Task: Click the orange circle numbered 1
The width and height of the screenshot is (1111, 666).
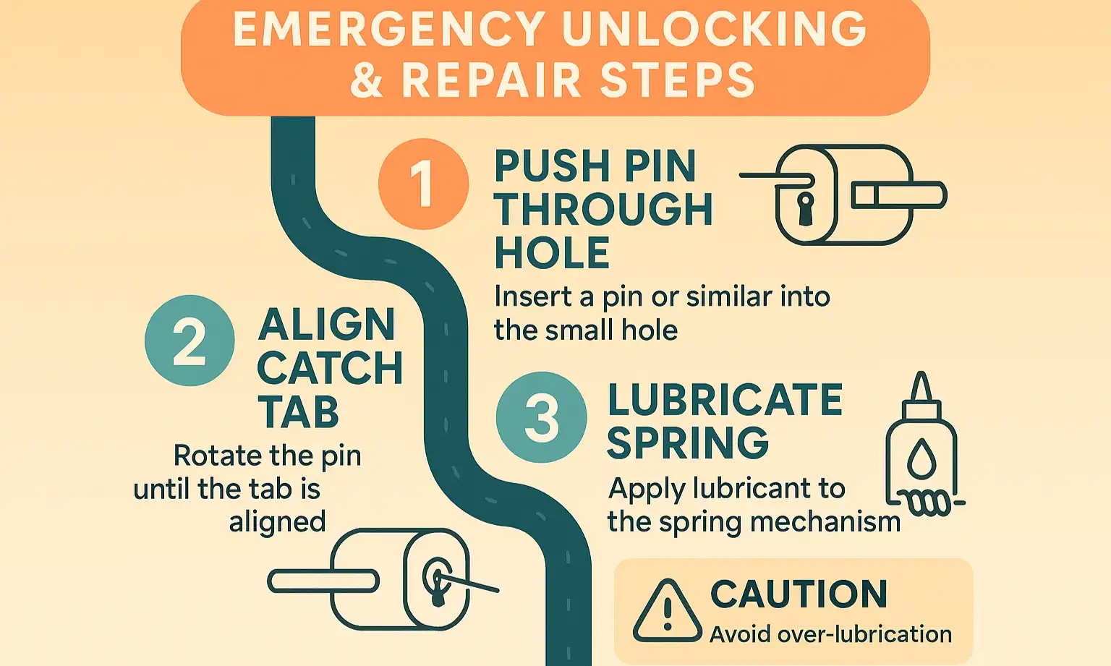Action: pyautogui.click(x=423, y=184)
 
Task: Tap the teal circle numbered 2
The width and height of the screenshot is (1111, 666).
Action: pyautogui.click(x=190, y=340)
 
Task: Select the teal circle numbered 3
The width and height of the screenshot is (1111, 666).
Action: pyautogui.click(x=541, y=417)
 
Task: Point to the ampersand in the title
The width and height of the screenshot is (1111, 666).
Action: pyautogui.click(x=367, y=80)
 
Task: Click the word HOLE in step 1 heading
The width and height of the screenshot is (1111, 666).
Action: pyautogui.click(x=552, y=253)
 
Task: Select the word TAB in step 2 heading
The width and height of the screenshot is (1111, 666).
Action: pyautogui.click(x=298, y=413)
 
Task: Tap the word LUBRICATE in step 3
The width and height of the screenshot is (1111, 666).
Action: pyautogui.click(x=725, y=400)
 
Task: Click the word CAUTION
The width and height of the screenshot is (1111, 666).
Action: pyautogui.click(x=799, y=594)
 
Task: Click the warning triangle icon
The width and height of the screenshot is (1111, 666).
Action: pyautogui.click(x=667, y=613)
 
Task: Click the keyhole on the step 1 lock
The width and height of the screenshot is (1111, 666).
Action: pyautogui.click(x=805, y=208)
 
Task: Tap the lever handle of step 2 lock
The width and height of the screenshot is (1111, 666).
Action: pyautogui.click(x=323, y=581)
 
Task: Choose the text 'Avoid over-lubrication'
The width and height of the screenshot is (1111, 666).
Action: pyautogui.click(x=830, y=634)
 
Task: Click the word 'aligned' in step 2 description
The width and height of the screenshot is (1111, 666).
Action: pyautogui.click(x=277, y=521)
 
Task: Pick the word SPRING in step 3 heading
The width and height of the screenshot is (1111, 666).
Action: pyautogui.click(x=687, y=443)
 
